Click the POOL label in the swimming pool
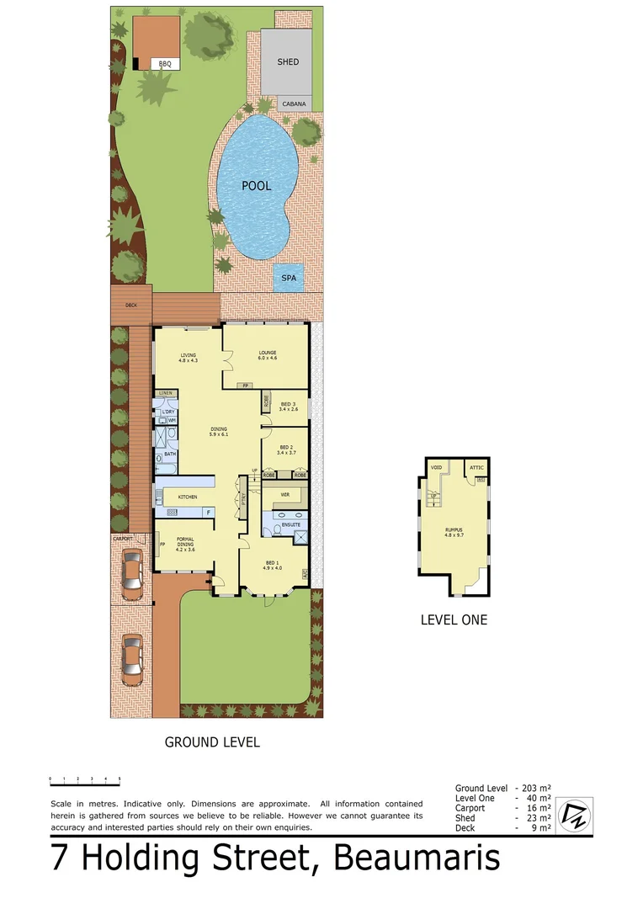coord(256,186)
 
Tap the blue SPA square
coord(289,277)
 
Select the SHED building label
coord(288,62)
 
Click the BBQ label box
coord(165,64)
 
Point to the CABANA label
coord(293,104)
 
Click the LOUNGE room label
coord(268,354)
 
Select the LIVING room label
coord(188,358)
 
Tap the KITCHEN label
coord(187,497)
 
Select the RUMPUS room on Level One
coord(454,532)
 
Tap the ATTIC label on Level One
coord(476,468)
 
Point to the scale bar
coord(84,779)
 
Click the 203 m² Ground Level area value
coord(539,788)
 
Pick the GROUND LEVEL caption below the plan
coord(212,742)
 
